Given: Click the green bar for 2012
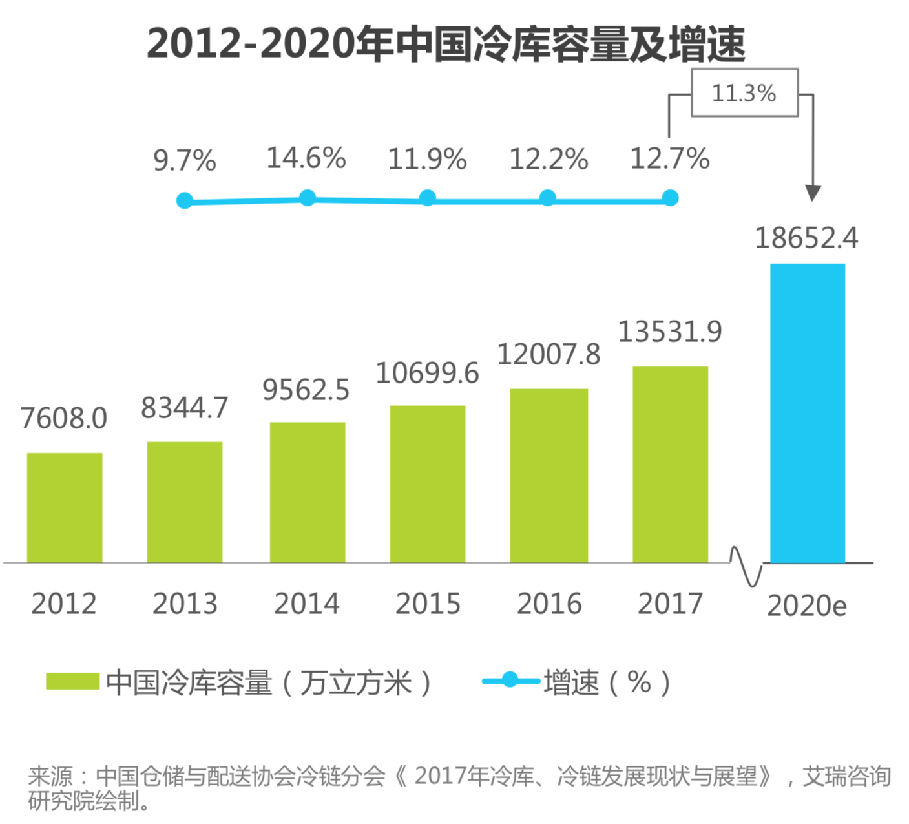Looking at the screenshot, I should (x=65, y=507).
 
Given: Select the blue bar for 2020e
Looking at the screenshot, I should (x=807, y=413).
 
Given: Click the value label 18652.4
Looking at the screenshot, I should (x=806, y=238).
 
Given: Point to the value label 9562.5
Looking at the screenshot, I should (x=306, y=390).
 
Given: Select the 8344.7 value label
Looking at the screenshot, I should (x=185, y=408).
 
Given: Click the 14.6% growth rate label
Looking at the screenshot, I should (x=306, y=158).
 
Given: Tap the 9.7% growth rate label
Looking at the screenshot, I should (x=185, y=160).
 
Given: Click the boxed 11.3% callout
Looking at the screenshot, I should (x=744, y=93).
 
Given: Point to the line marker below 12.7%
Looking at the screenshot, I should (x=671, y=198).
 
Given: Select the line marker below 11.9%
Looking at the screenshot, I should (x=428, y=198).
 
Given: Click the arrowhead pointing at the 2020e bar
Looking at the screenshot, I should (x=813, y=193).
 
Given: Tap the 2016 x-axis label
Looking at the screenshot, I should (x=549, y=604).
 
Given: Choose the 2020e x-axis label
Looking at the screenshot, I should (x=806, y=606).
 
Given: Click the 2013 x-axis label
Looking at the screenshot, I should (x=185, y=604).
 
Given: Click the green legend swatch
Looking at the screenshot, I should (x=72, y=681).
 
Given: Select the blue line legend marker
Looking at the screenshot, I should (x=510, y=680).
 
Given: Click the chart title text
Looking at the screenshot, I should (x=446, y=44).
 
